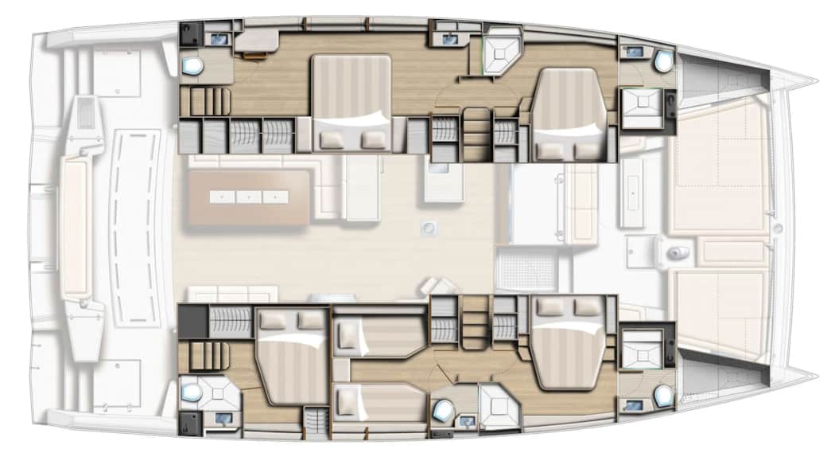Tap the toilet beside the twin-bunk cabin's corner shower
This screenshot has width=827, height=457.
tap(442, 409)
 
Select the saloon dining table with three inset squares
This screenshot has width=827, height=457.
tap(247, 196)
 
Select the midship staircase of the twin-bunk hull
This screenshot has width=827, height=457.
tap(475, 322)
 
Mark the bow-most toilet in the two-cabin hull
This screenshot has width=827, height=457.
tap(662, 61)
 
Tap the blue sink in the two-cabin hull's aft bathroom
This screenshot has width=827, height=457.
tap(216, 37)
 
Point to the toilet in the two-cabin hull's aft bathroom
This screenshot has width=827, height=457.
tap(192, 65)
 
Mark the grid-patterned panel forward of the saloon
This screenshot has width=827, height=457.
tap(526, 268)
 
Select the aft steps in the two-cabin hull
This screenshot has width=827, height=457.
tap(204, 101)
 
